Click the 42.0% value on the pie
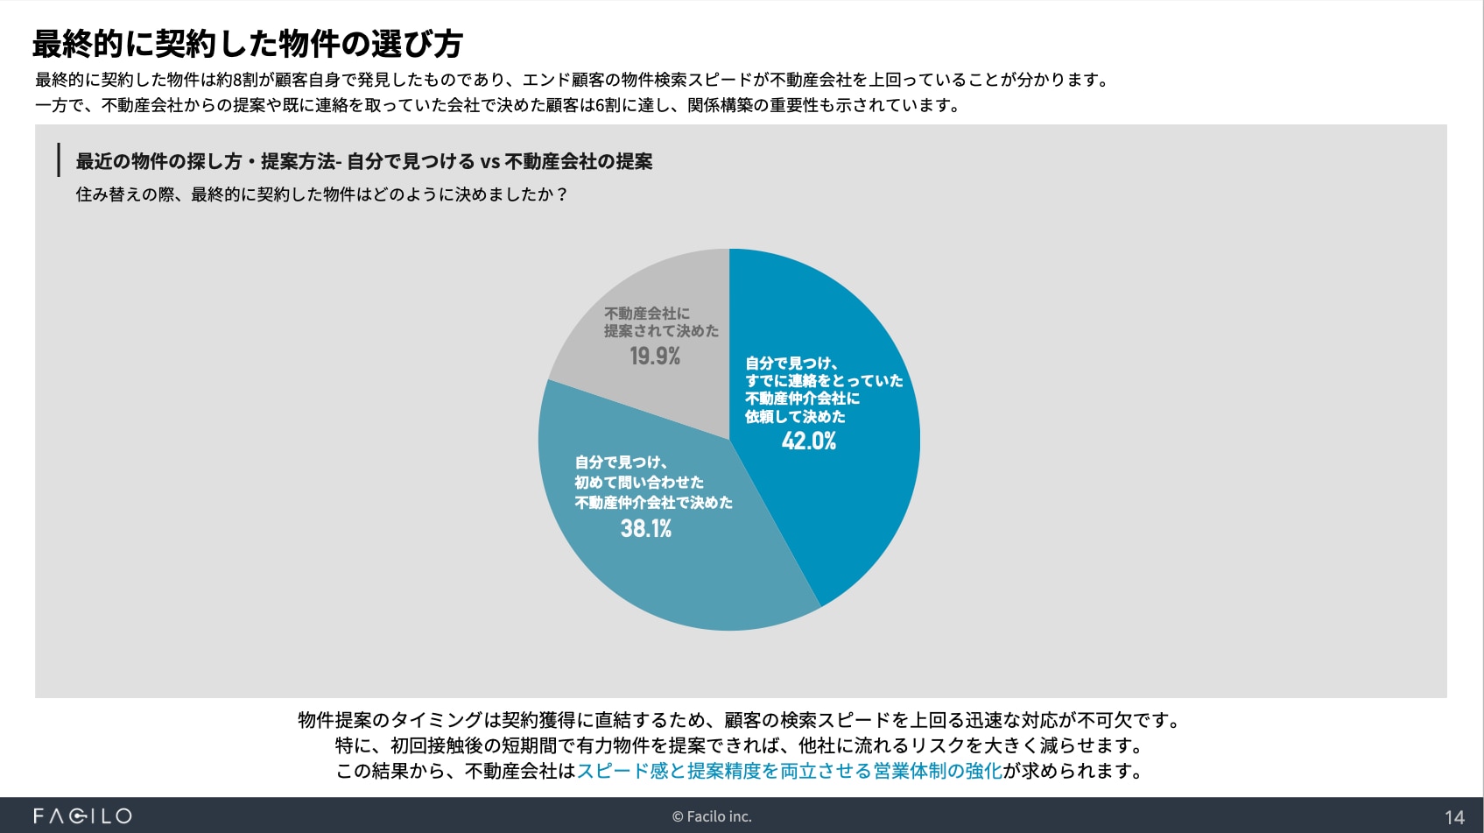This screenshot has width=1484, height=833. point(808,441)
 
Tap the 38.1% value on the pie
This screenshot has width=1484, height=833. point(646,528)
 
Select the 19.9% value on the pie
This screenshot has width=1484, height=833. point(655,356)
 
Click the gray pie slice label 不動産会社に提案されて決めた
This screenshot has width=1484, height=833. point(660,321)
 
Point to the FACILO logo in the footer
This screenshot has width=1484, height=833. point(82,816)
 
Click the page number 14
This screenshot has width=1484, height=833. point(1454,817)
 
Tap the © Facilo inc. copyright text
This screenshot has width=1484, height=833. point(712,816)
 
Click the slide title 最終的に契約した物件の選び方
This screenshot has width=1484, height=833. point(248,43)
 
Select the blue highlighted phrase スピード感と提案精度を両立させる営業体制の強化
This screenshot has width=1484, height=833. point(789,771)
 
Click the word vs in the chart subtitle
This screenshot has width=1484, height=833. point(489,161)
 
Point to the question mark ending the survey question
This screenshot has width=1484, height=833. point(561,194)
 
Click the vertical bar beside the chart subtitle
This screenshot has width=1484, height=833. point(59,160)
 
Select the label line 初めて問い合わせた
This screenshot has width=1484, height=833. point(639,482)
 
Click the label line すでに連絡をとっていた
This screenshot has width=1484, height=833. point(824,380)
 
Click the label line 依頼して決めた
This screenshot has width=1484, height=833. point(795,416)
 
